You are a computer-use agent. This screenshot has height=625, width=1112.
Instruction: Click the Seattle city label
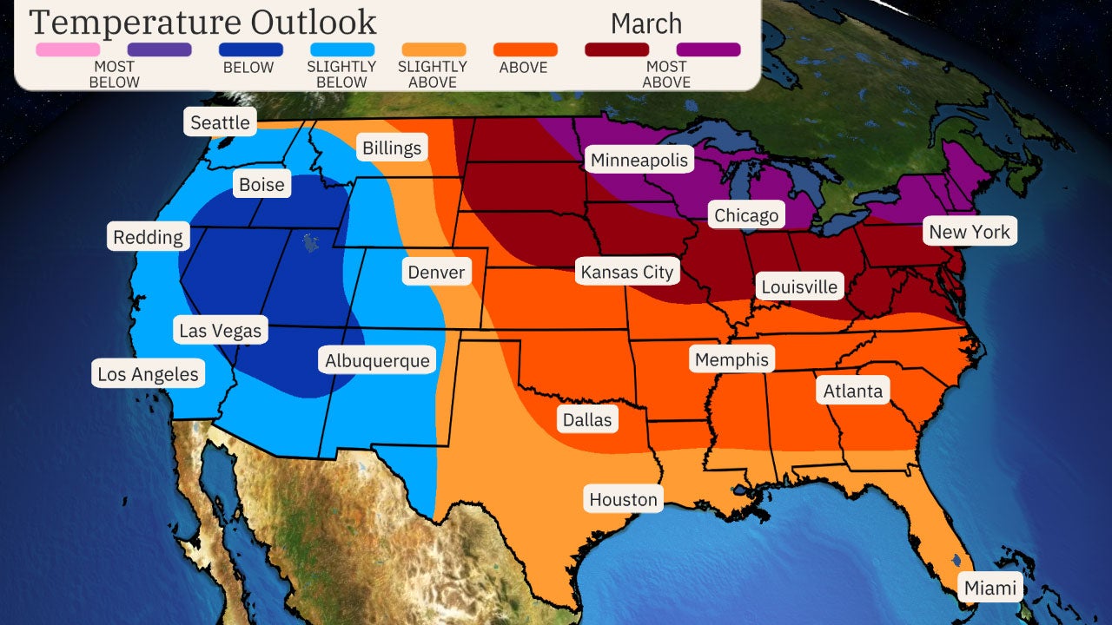coord(220,122)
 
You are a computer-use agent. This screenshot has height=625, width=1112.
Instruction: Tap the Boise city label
coord(261,185)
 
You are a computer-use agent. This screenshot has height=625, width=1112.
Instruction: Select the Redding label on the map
coord(148,237)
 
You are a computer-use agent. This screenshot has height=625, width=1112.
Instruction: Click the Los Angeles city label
coord(148,375)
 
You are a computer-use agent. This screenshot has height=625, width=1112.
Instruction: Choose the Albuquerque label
coord(377,360)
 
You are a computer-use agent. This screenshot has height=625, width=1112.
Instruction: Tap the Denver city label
coord(436,272)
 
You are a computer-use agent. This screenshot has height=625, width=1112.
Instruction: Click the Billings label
coord(391,148)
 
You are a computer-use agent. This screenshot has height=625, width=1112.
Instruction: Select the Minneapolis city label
coord(639,160)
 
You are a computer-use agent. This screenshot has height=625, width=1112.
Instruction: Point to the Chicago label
coord(746,215)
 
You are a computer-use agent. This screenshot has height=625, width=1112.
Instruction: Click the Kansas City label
coord(626,272)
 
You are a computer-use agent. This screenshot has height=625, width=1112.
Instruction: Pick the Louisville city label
coord(799,286)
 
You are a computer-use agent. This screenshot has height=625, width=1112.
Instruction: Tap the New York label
coord(970,232)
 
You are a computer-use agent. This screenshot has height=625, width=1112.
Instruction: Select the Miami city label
coord(990,588)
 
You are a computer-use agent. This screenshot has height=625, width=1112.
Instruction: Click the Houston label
coord(623,499)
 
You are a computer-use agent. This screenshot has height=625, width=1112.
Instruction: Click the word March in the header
coord(645,23)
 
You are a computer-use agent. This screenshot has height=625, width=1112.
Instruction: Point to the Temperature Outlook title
coord(203,23)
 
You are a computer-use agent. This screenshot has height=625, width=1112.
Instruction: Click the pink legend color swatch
coord(68,49)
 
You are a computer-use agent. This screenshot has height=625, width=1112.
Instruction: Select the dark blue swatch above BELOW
coord(250,49)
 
